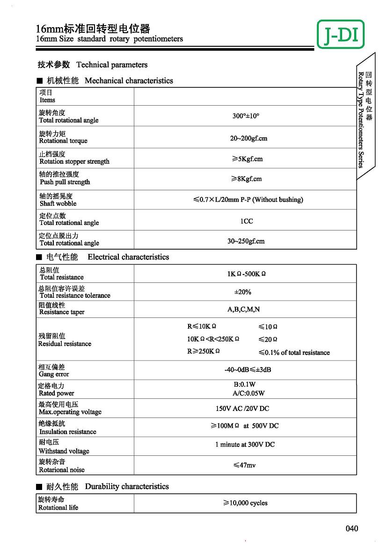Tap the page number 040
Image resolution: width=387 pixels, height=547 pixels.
click(x=352, y=528)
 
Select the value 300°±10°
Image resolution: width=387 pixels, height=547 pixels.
click(x=246, y=116)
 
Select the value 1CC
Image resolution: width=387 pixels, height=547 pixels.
click(x=246, y=221)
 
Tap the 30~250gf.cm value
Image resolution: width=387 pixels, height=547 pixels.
click(x=246, y=241)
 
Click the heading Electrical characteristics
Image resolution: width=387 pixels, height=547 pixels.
click(x=128, y=257)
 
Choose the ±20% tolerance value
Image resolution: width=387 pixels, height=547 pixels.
click(x=242, y=292)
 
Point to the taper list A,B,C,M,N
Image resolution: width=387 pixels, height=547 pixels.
click(x=243, y=309)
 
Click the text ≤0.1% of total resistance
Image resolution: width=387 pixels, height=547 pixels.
click(x=294, y=353)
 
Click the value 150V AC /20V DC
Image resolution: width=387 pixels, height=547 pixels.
click(x=242, y=408)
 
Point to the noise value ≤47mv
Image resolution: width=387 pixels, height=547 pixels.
click(x=244, y=465)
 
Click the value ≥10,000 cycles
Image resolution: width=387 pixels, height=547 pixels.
click(x=245, y=503)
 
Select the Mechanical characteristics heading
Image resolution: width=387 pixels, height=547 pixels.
click(x=128, y=80)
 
